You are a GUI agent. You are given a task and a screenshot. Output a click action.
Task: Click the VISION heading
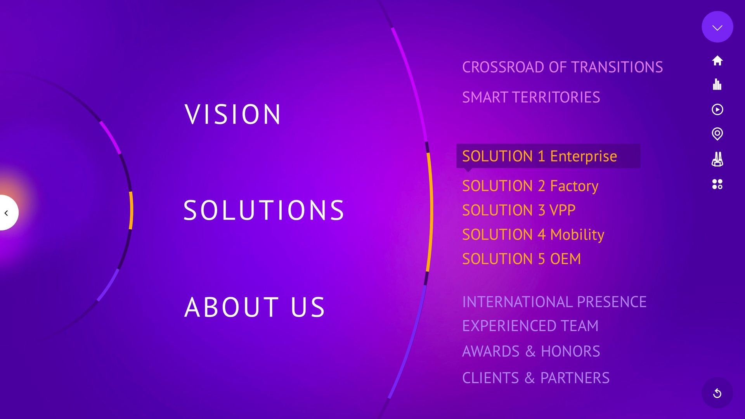coord(232,114)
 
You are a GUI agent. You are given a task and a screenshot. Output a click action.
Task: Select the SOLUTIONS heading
coord(264,210)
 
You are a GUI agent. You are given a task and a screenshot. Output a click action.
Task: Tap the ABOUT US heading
coord(255,307)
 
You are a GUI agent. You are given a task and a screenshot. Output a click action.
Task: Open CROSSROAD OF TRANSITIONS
coord(562,67)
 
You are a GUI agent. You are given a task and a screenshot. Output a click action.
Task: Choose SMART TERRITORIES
coord(531,97)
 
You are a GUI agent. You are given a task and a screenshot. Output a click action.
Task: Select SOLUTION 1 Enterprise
coord(539,156)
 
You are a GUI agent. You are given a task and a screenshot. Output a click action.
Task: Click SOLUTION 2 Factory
coord(530,186)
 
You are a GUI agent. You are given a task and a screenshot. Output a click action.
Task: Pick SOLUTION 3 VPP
coord(519,210)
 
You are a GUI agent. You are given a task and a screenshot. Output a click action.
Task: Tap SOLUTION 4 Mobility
coord(533,235)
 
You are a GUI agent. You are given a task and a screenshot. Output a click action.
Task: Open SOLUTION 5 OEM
coord(521,259)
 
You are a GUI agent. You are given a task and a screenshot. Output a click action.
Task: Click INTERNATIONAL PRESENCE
coord(554,302)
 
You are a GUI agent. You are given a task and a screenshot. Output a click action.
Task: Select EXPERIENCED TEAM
coord(530,326)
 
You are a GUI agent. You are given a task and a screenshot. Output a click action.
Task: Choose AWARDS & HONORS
coord(531,351)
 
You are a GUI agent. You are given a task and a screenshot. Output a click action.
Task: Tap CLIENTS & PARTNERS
coord(536,378)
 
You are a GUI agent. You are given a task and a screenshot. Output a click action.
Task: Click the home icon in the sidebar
coord(717,61)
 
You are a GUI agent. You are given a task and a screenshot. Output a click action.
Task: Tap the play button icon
coord(717,109)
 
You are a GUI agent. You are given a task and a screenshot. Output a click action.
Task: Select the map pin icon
coord(717,134)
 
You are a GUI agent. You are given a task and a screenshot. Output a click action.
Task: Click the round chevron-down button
coord(717,27)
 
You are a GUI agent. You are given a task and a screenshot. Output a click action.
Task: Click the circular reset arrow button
coord(717,393)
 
